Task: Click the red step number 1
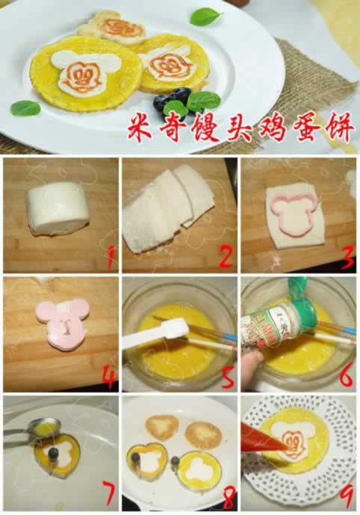pyautogui.click(x=111, y=257)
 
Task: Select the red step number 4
pyautogui.click(x=110, y=377)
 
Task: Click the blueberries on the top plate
pyautogui.click(x=172, y=99)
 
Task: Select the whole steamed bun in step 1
pyautogui.click(x=58, y=209)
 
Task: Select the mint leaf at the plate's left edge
pyautogui.click(x=25, y=108)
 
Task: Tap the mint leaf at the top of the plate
pyautogui.click(x=205, y=16)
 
